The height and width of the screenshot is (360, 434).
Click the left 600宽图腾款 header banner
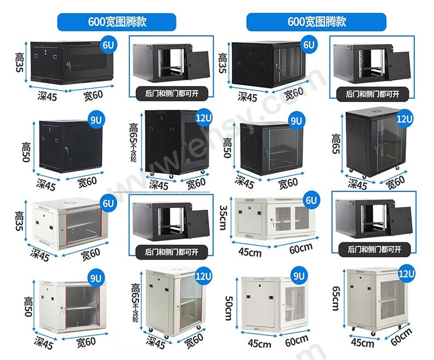[116, 22]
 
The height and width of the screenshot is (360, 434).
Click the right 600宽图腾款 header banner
[316, 22]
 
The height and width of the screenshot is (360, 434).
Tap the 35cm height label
[223, 218]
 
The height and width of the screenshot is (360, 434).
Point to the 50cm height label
[229, 308]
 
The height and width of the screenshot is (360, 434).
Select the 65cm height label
[336, 299]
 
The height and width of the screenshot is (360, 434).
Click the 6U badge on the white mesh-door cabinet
[311, 200]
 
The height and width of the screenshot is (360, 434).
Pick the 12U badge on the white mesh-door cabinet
[406, 274]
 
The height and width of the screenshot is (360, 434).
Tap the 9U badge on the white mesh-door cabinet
[299, 275]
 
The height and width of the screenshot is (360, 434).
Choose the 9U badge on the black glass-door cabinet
[296, 121]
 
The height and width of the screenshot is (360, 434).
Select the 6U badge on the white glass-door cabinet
[108, 203]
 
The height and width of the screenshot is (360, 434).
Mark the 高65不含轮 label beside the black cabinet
[133, 142]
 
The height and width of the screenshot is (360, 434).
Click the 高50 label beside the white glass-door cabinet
[29, 307]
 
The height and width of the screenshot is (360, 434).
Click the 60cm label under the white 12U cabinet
[401, 337]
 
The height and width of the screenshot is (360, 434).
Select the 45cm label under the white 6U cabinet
[250, 252]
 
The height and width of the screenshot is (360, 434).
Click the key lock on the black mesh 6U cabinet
[68, 65]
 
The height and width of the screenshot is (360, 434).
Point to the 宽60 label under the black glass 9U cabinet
[288, 183]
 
